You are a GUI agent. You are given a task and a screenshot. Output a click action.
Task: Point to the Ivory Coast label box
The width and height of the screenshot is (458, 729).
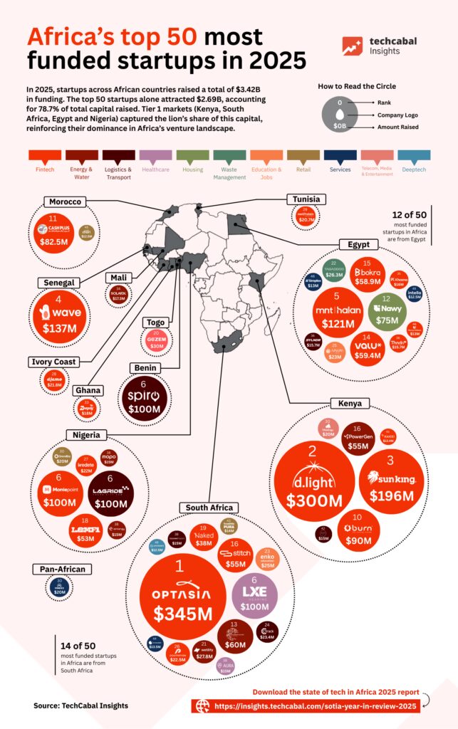(53, 362)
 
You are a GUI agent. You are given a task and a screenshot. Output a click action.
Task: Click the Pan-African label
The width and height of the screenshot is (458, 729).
(62, 569)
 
